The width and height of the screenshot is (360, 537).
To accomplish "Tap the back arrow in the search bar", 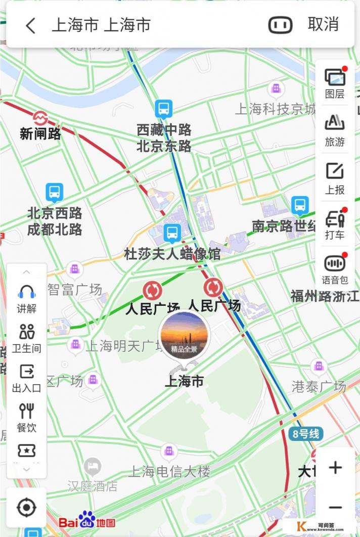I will click(31, 25).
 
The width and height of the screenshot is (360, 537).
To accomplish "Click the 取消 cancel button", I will click(323, 24).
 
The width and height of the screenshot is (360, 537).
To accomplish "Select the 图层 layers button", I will click(335, 82).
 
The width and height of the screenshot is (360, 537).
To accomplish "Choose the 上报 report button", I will click(335, 178).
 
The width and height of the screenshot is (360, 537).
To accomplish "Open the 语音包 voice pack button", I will click(335, 268).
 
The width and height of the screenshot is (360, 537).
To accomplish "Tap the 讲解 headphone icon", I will click(27, 298).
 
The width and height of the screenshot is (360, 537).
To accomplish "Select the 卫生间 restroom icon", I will click(27, 337).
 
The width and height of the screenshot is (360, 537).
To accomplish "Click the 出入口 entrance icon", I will click(27, 378).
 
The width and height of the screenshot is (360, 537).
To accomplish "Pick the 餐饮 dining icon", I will click(27, 417).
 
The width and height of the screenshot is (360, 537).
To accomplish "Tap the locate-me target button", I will click(26, 507).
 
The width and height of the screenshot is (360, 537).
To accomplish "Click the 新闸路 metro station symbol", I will click(40, 118).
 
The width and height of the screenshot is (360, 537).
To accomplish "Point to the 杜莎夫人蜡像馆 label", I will click(172, 253).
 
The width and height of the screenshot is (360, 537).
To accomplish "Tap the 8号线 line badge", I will click(306, 433).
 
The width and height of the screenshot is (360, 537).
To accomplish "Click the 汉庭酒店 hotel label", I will click(93, 486).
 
